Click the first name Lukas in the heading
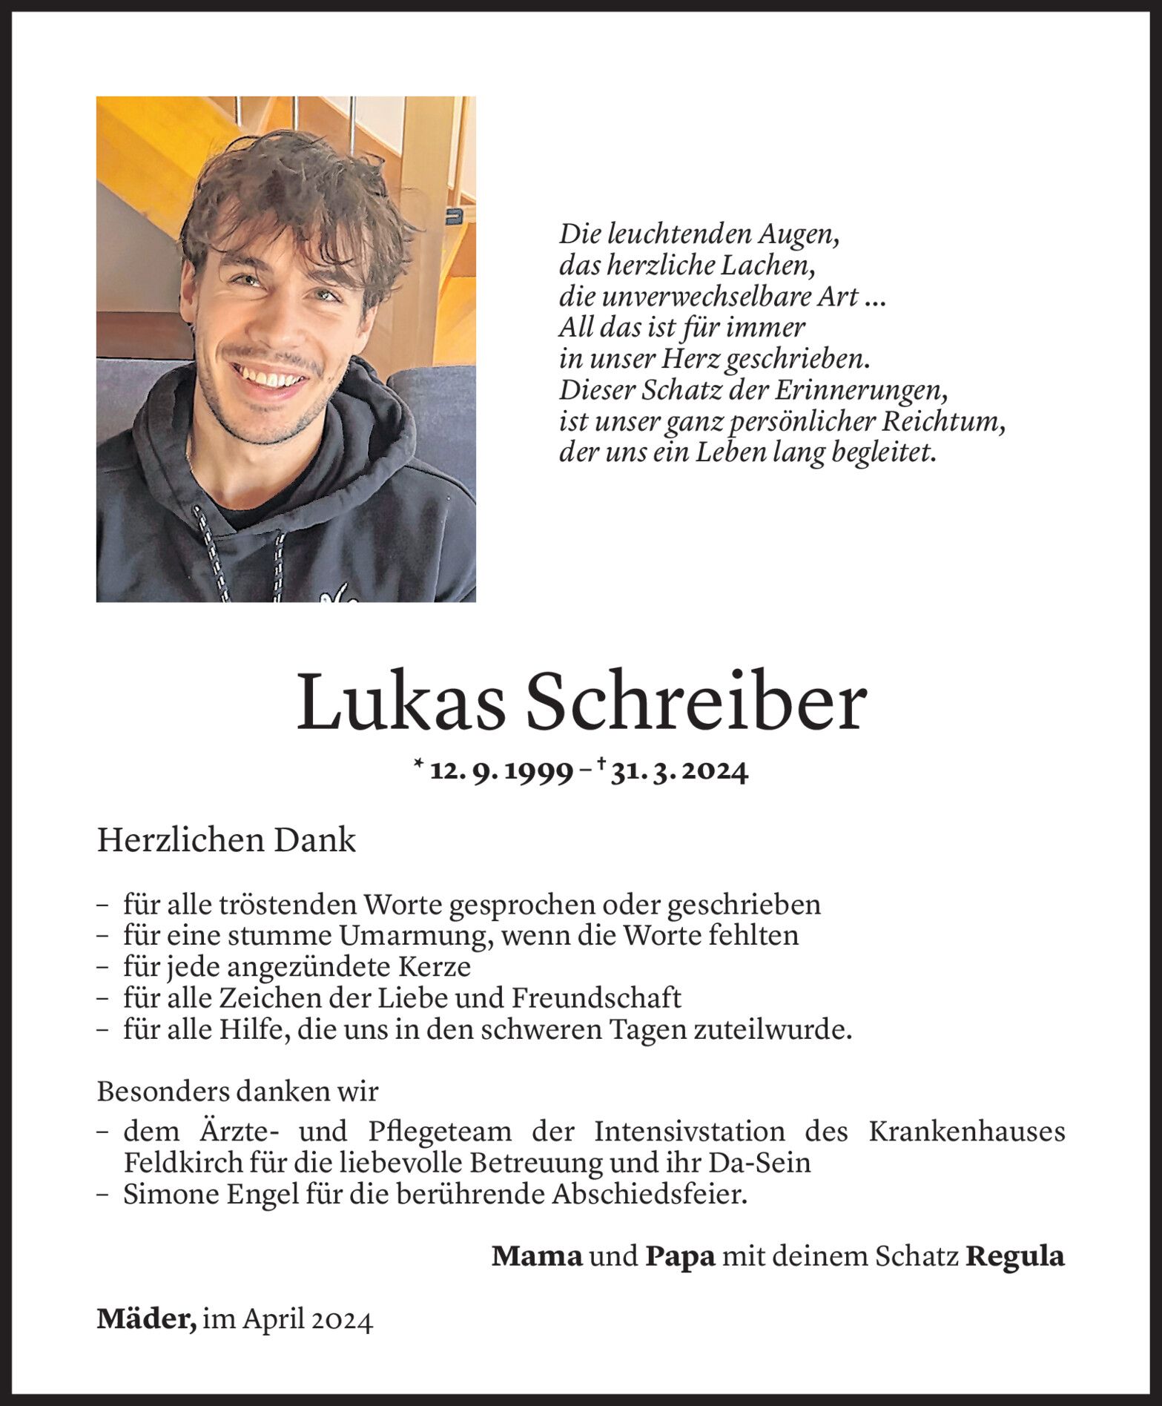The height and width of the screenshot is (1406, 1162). (401, 702)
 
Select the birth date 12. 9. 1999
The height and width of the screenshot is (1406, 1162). (501, 772)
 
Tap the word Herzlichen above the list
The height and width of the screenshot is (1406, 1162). (182, 841)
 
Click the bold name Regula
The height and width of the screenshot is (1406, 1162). (1015, 1256)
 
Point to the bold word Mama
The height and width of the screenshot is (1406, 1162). (537, 1256)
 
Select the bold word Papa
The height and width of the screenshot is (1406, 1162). (680, 1256)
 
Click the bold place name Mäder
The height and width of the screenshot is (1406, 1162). (146, 1320)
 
